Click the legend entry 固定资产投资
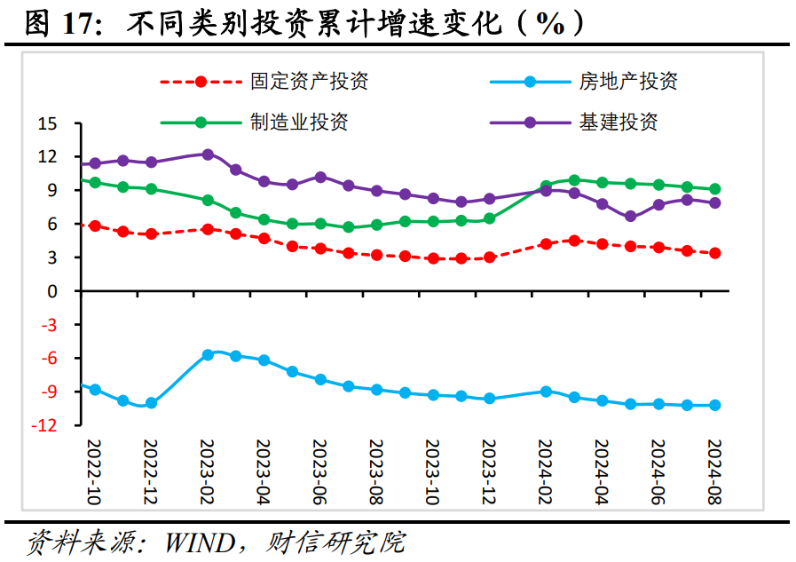[309, 82]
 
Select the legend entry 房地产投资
[628, 82]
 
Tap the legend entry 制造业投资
[299, 122]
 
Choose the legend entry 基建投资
[619, 122]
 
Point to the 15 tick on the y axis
[47, 123]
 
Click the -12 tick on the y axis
[44, 425]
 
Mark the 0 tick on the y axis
[52, 291]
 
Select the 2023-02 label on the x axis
[207, 471]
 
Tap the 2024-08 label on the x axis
[714, 471]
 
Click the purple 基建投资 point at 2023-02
[208, 154]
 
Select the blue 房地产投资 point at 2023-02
[208, 354]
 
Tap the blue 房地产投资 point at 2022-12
[151, 403]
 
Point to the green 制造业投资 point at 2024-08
[714, 188]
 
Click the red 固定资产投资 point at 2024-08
[714, 253]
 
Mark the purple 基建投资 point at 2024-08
[714, 202]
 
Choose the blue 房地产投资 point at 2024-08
[714, 405]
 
